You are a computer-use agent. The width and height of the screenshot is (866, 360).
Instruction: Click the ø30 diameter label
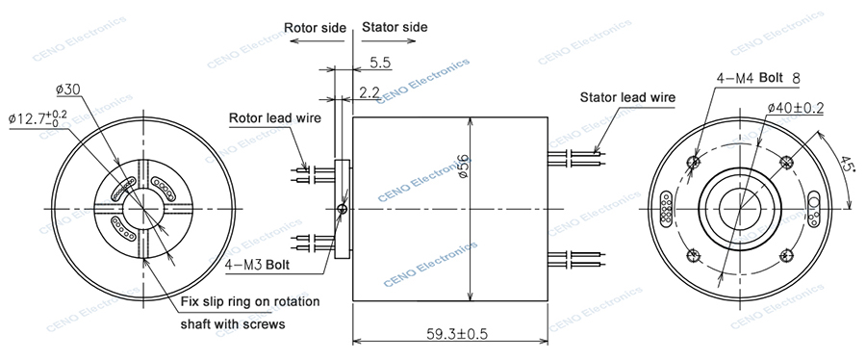coord(68,90)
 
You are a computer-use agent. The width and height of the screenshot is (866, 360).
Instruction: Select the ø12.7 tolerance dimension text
coord(38,118)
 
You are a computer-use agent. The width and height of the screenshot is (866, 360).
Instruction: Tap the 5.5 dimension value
coord(380,63)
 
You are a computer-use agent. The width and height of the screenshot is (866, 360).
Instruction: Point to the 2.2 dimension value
coord(369,91)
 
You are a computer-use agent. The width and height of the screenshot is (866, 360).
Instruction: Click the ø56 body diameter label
coord(463,166)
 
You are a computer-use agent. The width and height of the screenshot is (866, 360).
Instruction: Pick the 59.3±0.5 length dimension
coord(451,334)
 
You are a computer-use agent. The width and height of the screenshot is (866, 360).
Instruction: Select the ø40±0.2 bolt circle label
coord(796,108)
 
